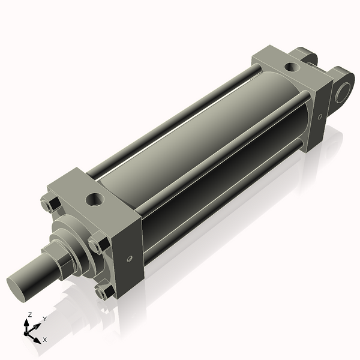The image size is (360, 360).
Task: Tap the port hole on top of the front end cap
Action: [94, 197]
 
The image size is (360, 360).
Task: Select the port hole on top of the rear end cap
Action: [290, 67]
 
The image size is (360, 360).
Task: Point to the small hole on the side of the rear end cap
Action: [320, 116]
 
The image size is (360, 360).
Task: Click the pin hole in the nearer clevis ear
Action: [343, 92]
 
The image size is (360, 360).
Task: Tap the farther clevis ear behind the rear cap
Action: [307, 56]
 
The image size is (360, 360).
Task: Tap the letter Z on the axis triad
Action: [29, 314]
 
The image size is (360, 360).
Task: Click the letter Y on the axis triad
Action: [44, 319]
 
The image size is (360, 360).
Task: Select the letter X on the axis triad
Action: [45, 340]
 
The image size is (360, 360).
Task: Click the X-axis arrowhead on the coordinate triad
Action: [37, 339]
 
